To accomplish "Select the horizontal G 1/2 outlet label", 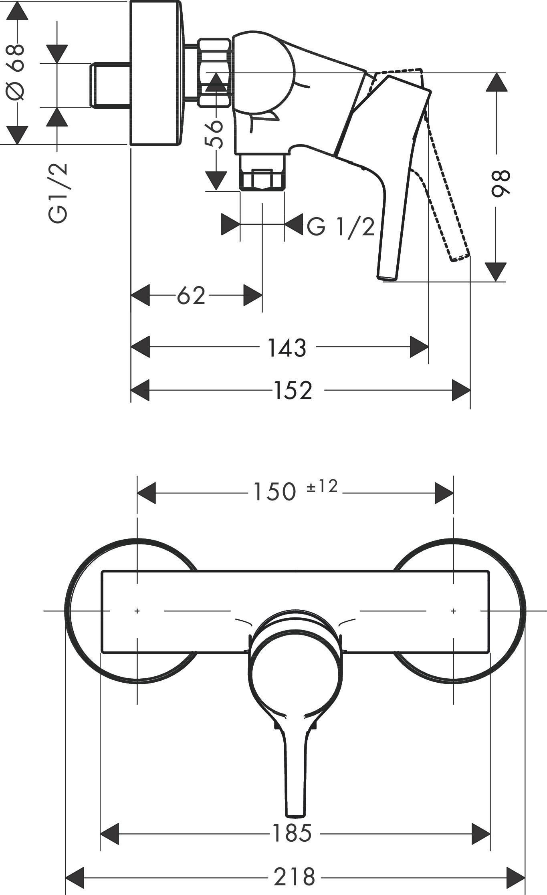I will tap(341, 227).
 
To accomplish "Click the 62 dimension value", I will tap(191, 296).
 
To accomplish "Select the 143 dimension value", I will tap(287, 348).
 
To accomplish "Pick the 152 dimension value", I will tap(293, 390).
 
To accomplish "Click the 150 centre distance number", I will tap(275, 492).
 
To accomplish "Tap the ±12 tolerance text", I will tap(323, 486).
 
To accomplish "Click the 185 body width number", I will tap(292, 833).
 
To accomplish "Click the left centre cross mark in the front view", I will tap(137, 611).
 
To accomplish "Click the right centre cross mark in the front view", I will tap(453, 611).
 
